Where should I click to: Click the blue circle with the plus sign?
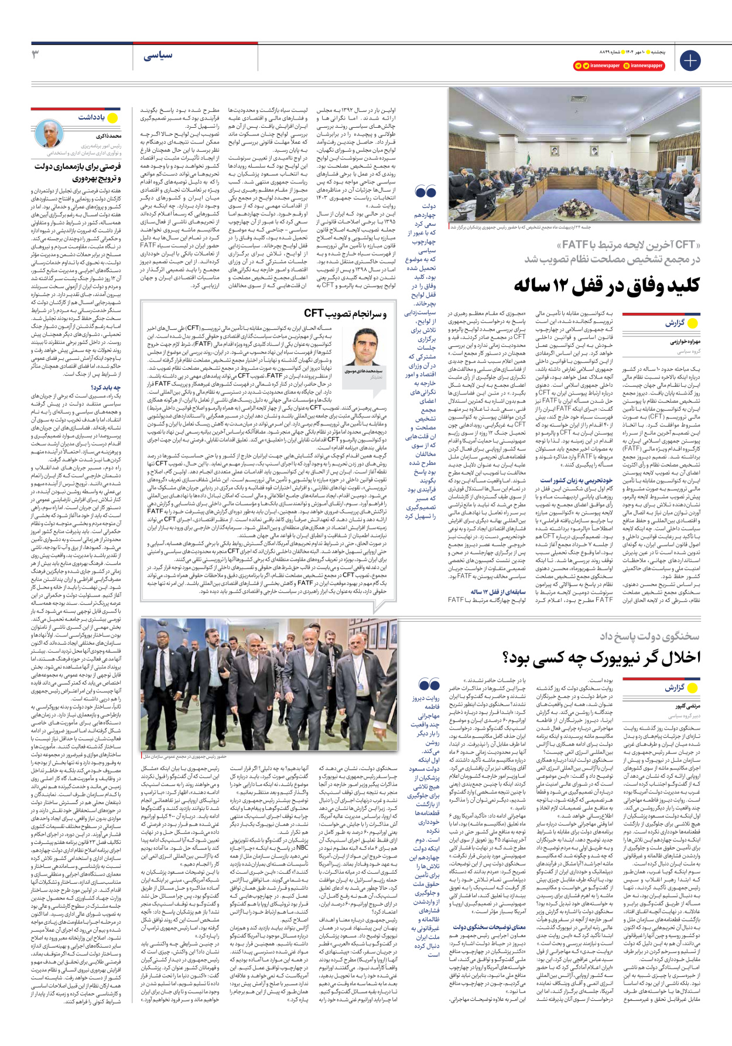(690, 60)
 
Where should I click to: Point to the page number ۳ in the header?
(36, 54)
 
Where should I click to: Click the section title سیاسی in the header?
(158, 55)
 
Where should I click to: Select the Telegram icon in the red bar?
(578, 66)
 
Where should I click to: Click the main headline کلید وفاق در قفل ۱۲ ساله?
(606, 285)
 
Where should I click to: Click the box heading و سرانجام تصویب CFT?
(345, 314)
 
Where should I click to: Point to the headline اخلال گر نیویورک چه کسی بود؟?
(601, 657)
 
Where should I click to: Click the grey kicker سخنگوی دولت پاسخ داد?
(649, 636)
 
